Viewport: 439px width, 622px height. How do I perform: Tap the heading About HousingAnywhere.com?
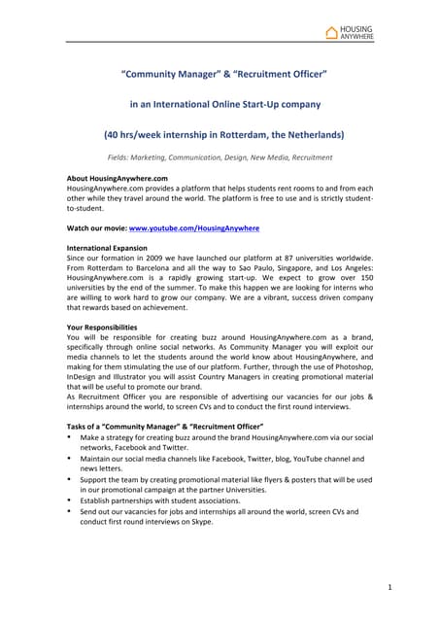[x=117, y=179]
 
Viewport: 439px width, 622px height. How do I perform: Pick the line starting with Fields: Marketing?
[x=219, y=156]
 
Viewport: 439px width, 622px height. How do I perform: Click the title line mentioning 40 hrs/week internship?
[x=219, y=134]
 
